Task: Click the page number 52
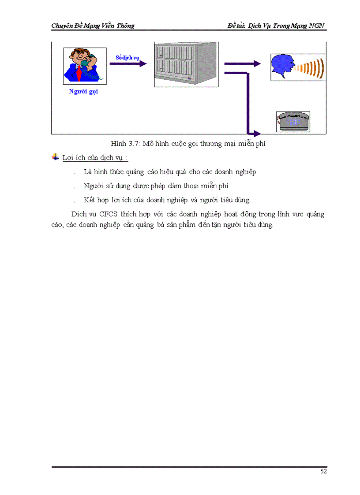323,472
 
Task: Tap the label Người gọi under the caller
83,92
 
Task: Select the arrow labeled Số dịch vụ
127,64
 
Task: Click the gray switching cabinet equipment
186,64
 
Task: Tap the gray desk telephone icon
293,121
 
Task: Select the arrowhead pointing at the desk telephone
257,133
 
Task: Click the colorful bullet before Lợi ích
55,157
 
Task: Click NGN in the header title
317,26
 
